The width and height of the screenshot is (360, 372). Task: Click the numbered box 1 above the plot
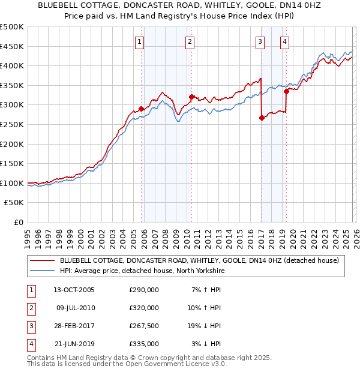[x=139, y=41]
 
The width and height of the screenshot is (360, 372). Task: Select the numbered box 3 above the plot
[x=260, y=41]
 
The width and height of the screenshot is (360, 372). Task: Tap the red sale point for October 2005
[x=142, y=109]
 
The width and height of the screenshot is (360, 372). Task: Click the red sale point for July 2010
[x=191, y=97]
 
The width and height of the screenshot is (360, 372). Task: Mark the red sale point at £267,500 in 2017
[x=262, y=118]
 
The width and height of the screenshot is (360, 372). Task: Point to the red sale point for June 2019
[x=286, y=91]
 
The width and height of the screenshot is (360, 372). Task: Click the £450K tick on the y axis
[x=12, y=46]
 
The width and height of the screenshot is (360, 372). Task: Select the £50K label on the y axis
[x=14, y=203]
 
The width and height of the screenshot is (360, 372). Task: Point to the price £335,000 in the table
[x=143, y=344]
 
